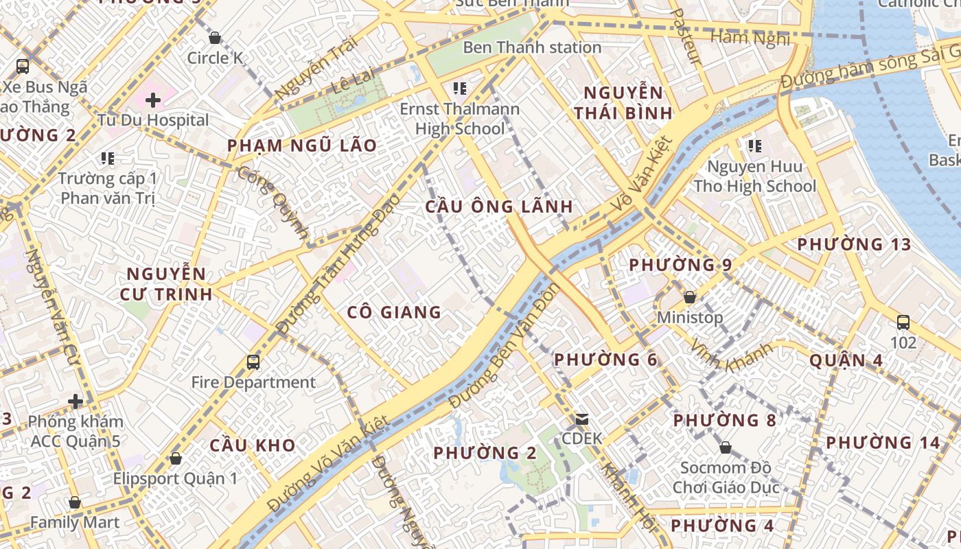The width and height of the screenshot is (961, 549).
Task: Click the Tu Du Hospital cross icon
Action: (x=153, y=100)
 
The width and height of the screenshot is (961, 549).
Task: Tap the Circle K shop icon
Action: (x=215, y=38)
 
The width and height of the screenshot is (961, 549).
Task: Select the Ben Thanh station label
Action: (x=532, y=47)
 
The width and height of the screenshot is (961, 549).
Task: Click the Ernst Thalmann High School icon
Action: (x=460, y=89)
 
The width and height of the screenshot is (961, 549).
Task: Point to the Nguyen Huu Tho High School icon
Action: (x=754, y=146)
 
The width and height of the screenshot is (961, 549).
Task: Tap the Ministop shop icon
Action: (x=690, y=297)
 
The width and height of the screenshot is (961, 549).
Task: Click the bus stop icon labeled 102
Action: (x=903, y=322)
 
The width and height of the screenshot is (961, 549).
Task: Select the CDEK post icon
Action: (x=582, y=419)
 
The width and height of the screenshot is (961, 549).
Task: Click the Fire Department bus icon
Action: (x=253, y=362)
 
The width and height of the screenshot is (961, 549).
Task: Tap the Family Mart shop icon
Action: (x=75, y=502)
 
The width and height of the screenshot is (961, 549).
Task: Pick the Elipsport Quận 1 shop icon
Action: (x=176, y=458)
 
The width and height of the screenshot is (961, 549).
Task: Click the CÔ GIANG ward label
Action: (x=394, y=313)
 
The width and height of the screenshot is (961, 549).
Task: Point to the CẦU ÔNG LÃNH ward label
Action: (x=498, y=207)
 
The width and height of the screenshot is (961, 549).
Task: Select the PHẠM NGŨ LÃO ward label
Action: (x=302, y=145)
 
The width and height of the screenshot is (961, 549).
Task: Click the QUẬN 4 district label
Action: (x=846, y=360)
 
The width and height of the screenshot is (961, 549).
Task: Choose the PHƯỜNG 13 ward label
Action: (x=864, y=244)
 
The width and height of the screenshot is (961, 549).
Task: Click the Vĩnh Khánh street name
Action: (x=731, y=357)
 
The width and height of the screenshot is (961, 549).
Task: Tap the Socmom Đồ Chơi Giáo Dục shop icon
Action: (x=726, y=448)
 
